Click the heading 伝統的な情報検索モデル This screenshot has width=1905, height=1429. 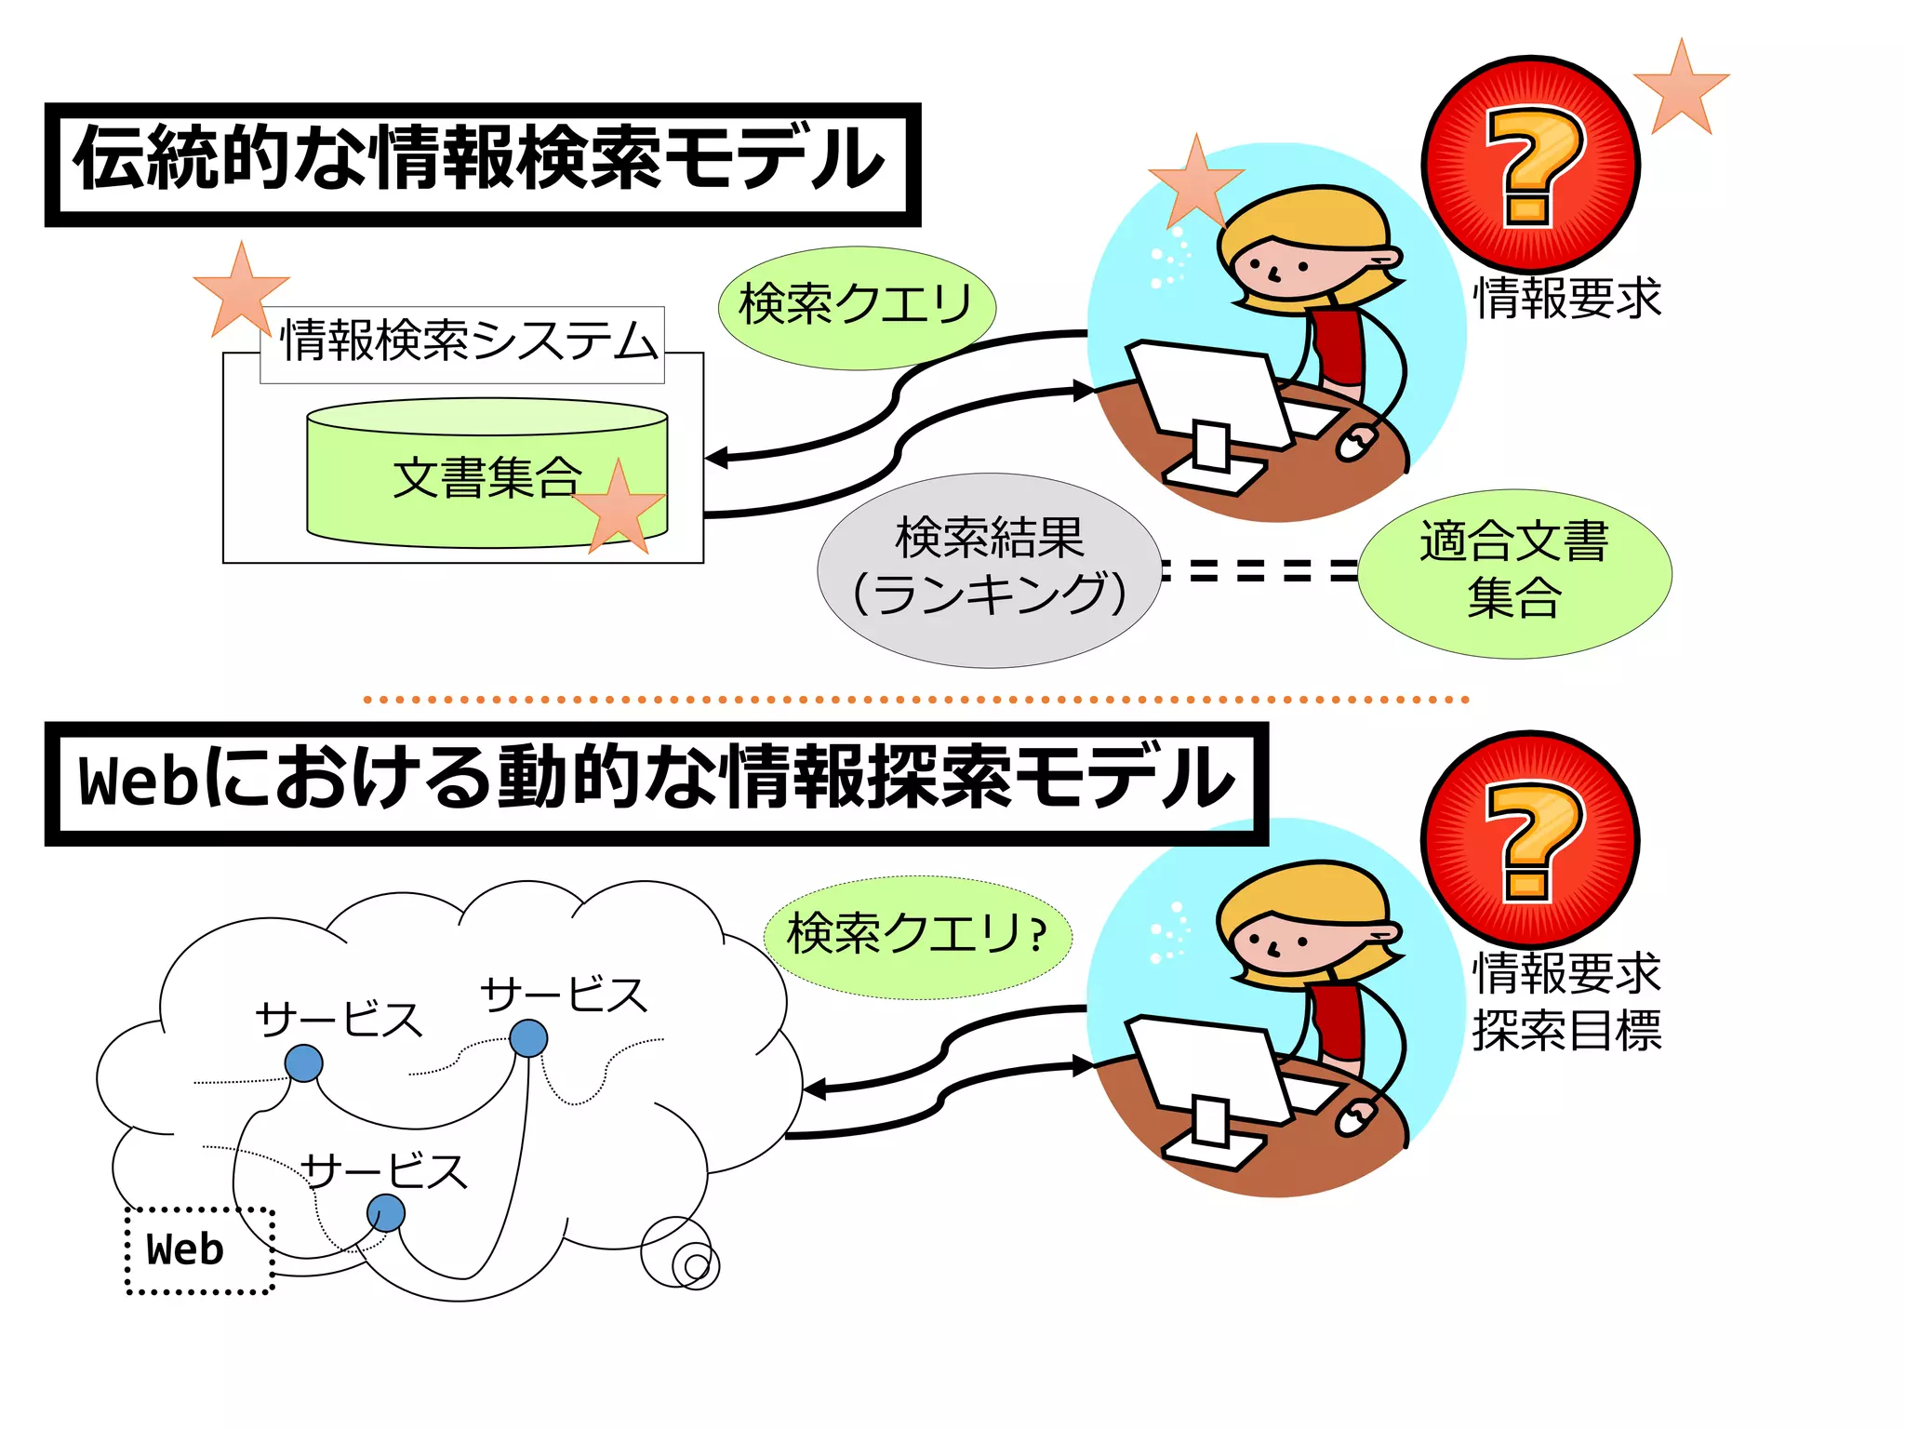[x=482, y=164]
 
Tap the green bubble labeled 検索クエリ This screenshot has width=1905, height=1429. [x=856, y=306]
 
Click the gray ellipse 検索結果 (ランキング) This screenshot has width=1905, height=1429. [x=989, y=569]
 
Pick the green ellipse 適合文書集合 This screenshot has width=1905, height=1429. [x=1513, y=573]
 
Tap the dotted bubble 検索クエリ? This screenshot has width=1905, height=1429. [x=917, y=936]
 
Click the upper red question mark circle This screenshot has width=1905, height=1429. [x=1530, y=166]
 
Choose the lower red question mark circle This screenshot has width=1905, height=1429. [x=1530, y=840]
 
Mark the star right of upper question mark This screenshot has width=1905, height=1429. [x=1681, y=88]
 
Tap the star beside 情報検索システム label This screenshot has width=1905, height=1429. [x=240, y=290]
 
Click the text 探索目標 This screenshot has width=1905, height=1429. [x=1566, y=1031]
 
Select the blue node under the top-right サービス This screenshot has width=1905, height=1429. [x=528, y=1038]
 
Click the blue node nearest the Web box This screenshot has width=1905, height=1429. [x=385, y=1213]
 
